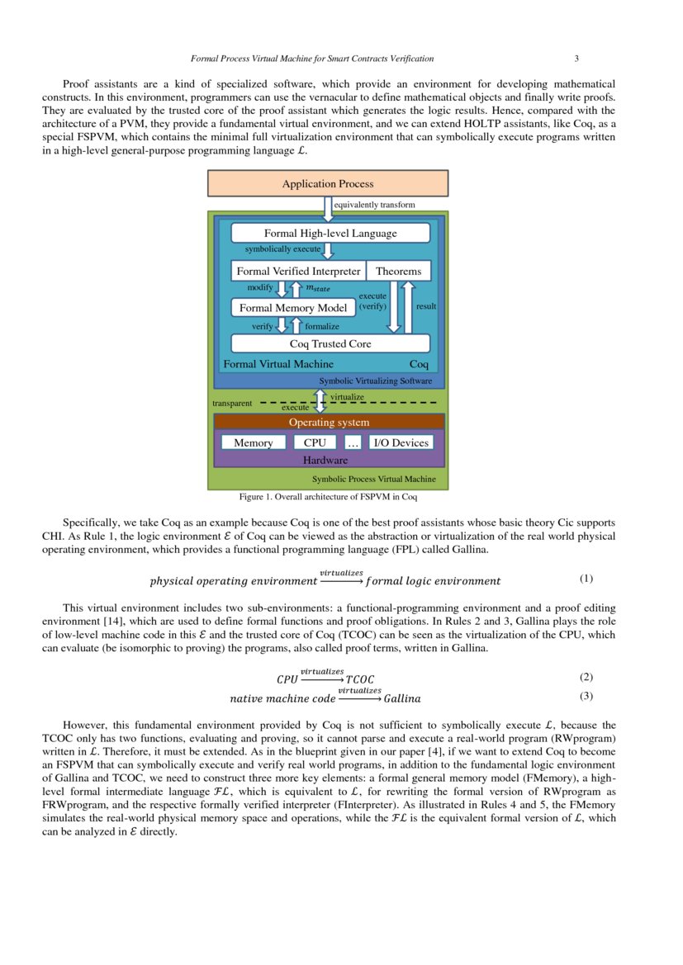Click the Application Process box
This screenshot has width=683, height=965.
[x=328, y=183]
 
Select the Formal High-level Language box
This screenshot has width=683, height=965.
[x=330, y=233]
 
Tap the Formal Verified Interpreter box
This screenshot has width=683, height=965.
[x=298, y=271]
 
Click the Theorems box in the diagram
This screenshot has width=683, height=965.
[x=398, y=271]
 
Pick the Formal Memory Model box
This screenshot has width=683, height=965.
[x=293, y=308]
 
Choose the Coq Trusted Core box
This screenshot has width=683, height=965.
[x=330, y=343]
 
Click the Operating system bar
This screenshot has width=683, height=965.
[x=329, y=422]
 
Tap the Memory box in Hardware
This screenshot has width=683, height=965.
[x=253, y=442]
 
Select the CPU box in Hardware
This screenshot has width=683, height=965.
[x=315, y=442]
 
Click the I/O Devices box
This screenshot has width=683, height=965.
[x=401, y=442]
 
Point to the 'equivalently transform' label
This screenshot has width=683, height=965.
[x=374, y=205]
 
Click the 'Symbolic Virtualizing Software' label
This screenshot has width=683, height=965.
[x=375, y=381]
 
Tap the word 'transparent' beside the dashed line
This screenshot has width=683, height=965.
[x=232, y=404]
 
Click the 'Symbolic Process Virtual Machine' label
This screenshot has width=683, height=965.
[x=373, y=479]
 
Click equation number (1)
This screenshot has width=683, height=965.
[x=586, y=578]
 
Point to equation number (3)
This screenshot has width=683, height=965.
[x=586, y=696]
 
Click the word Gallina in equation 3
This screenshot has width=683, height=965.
[x=402, y=698]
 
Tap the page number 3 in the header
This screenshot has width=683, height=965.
[x=576, y=59]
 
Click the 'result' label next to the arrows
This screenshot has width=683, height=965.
[x=426, y=306]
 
